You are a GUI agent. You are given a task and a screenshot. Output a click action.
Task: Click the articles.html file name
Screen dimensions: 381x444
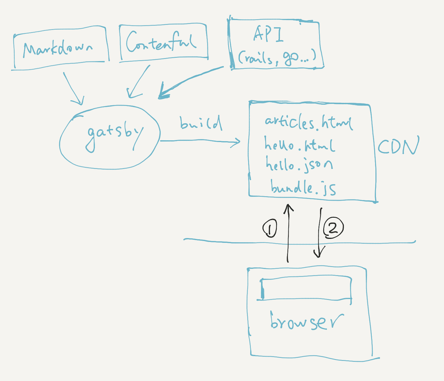pos(308,123)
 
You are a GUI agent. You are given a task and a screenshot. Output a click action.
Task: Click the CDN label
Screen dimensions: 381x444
pos(398,146)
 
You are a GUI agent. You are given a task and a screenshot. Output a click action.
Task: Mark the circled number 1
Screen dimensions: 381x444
pos(270,228)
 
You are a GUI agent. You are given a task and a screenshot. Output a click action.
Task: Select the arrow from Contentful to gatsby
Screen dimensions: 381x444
pos(139,82)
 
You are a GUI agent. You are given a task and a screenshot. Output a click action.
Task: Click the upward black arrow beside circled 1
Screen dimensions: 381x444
pos(288,233)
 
